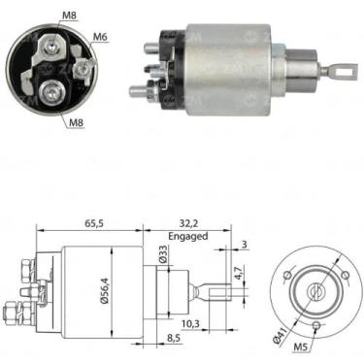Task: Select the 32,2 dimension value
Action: point(187,223)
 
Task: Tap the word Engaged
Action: point(188,236)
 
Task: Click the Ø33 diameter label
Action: point(164,253)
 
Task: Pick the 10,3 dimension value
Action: point(190,323)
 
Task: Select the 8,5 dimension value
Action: point(173,338)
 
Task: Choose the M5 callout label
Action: point(300,347)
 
